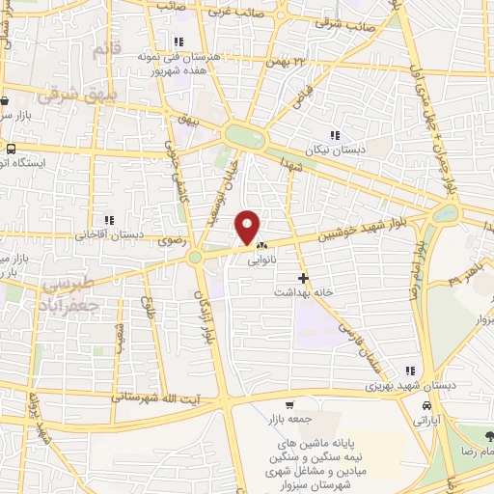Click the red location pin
(x=249, y=227)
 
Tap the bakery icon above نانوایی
(x=261, y=246)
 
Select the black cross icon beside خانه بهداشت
(x=304, y=278)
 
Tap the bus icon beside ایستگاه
(x=11, y=150)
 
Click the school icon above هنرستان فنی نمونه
(x=178, y=41)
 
